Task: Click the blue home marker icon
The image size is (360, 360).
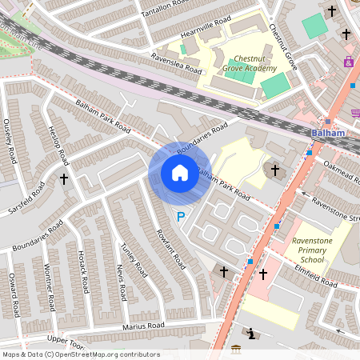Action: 180,172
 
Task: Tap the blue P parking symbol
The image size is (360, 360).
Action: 181,216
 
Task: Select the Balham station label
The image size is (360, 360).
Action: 329,133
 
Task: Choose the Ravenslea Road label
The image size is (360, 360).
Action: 176,63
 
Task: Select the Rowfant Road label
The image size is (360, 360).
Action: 171,249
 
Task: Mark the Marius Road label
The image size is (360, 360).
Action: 143,326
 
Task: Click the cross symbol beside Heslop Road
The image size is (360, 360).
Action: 63,178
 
